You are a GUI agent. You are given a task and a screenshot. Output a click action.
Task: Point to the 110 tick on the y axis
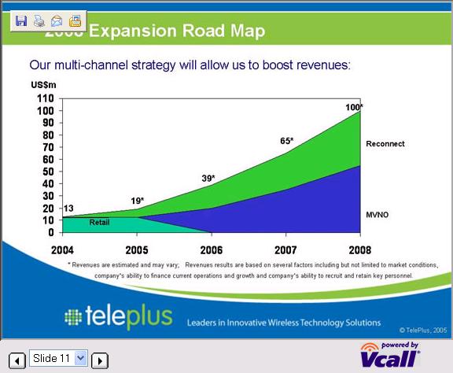coord(46,98)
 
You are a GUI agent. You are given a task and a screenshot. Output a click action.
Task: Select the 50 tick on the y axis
coord(48,172)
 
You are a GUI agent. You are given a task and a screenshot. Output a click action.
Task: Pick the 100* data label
coord(354,107)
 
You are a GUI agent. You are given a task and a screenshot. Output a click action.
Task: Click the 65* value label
coord(286,141)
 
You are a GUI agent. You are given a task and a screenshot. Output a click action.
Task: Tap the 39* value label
coord(208,179)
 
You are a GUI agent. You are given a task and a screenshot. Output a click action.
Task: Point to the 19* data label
coord(136,201)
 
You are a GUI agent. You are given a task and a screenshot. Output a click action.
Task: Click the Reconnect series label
coord(385,144)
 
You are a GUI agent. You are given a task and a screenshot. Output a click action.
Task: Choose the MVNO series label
coord(378,214)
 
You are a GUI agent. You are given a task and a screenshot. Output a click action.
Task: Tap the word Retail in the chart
coord(99,223)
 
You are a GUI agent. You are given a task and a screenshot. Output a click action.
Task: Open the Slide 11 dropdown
coord(80,359)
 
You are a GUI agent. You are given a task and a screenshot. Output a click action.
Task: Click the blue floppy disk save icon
coord(21,21)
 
